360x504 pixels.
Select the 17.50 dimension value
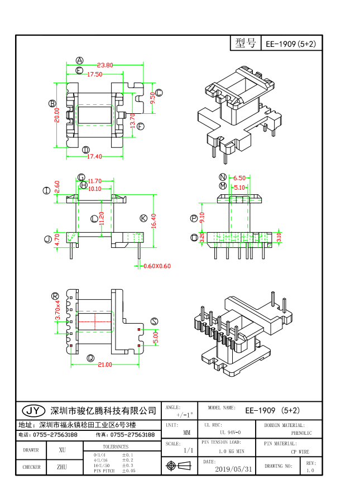[94, 74]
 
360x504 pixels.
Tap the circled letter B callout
[52, 103]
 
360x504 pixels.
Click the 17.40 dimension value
[94, 157]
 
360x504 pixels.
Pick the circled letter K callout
[143, 218]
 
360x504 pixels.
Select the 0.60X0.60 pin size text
[157, 266]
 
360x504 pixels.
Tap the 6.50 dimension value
[239, 178]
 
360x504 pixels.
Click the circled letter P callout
[194, 218]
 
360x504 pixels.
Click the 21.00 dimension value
[104, 364]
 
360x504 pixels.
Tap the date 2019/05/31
[233, 469]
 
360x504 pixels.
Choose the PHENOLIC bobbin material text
[301, 433]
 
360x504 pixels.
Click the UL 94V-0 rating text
[230, 433]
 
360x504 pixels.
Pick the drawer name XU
[62, 449]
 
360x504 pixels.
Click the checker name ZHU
[62, 467]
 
